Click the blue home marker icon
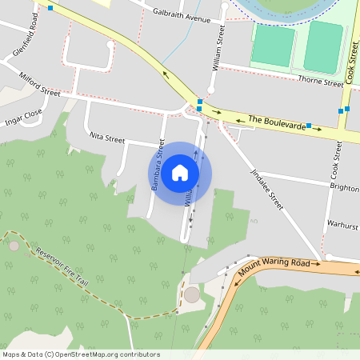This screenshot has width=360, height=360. pos(180,173)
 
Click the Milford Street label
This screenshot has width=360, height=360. pos(40,84)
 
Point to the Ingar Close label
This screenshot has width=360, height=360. pos(22,118)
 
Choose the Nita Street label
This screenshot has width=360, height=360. pos(107,138)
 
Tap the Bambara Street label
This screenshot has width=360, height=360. pos(157,165)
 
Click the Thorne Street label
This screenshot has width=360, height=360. pos(320,80)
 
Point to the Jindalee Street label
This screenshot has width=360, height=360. pos(267,189)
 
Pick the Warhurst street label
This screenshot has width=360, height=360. pos(342,225)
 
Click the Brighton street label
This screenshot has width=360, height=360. pos(344,186)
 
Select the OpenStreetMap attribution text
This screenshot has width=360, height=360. pos(81,354)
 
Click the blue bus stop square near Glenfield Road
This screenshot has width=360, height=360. pos(50,8)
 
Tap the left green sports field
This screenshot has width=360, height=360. pos(273,45)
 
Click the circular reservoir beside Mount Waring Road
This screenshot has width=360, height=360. pos(192,294)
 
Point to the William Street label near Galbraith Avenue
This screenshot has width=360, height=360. pos(217,48)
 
